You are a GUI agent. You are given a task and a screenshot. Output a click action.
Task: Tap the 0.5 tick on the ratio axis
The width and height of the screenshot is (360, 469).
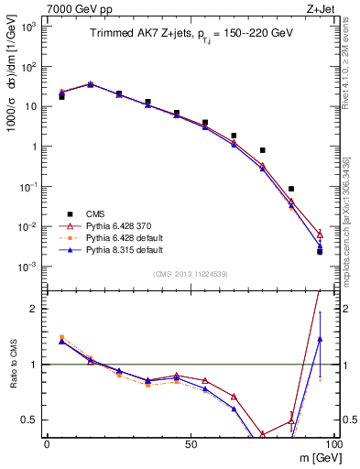pos(34,420)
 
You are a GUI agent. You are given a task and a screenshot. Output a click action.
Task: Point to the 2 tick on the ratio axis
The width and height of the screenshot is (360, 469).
pos(37,309)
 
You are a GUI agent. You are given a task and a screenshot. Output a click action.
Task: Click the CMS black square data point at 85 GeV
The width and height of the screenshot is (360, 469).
pos(291,189)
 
